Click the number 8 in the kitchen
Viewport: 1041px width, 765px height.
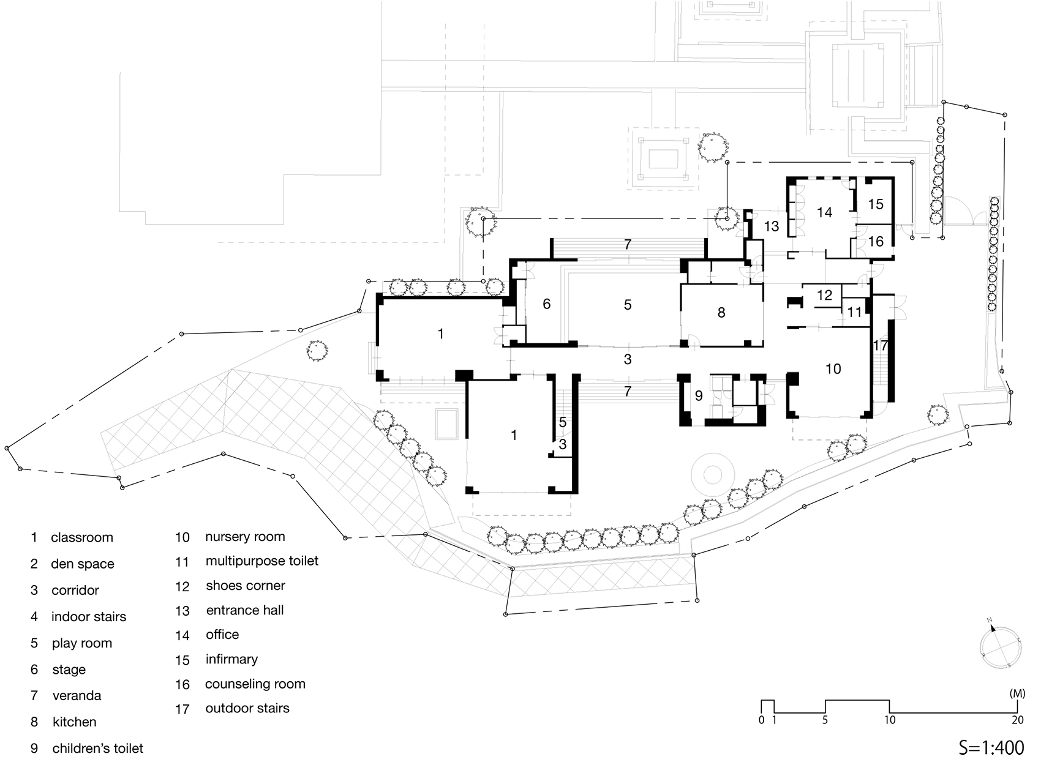click(721, 313)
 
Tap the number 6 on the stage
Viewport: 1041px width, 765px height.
click(546, 304)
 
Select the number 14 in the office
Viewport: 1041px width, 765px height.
click(824, 212)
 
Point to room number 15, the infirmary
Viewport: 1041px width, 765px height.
click(876, 204)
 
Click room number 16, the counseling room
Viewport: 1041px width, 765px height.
click(876, 242)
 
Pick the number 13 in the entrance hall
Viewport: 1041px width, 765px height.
click(772, 226)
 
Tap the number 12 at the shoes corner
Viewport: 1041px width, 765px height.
click(824, 295)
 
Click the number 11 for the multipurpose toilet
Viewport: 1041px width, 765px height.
click(854, 312)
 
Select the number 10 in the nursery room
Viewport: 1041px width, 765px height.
click(833, 369)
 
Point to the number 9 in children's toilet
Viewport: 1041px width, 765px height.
click(699, 396)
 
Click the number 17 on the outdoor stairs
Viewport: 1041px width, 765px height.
click(880, 345)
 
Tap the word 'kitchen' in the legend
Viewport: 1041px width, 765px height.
click(74, 722)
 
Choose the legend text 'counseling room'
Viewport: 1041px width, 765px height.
click(255, 684)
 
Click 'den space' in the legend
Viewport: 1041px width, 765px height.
click(82, 564)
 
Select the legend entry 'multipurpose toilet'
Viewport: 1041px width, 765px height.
click(262, 561)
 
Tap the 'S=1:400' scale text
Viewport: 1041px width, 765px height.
click(991, 747)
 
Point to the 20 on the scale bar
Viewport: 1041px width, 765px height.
click(1018, 720)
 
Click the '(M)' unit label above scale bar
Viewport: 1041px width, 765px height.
click(1017, 693)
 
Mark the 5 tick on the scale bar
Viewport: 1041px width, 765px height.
click(825, 720)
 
